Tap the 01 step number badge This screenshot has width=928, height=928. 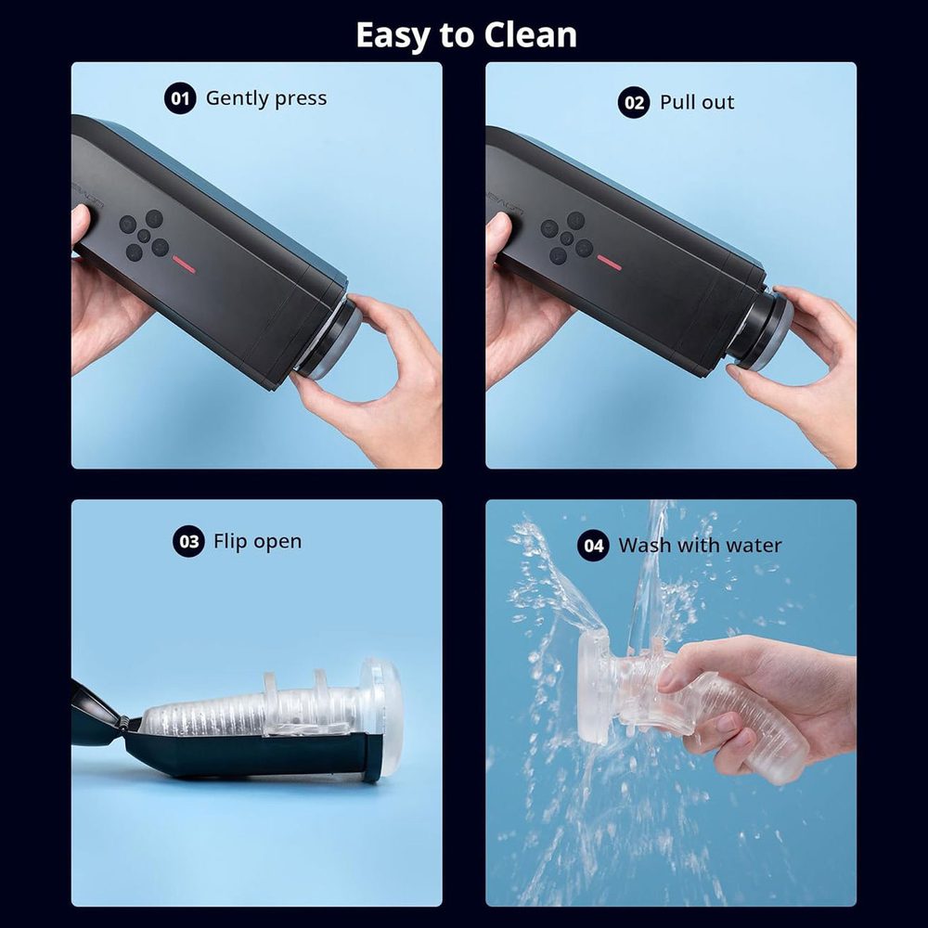(180, 98)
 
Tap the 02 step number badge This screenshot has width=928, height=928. (634, 102)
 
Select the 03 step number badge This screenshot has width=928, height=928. (188, 542)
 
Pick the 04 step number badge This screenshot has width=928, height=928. (594, 546)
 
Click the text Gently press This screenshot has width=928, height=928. (266, 98)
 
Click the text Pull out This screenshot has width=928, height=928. (697, 102)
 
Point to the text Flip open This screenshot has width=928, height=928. (257, 542)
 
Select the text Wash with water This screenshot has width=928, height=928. (700, 546)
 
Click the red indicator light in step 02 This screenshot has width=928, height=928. (609, 263)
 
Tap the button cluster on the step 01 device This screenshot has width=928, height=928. (145, 235)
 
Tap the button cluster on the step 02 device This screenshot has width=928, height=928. (566, 238)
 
